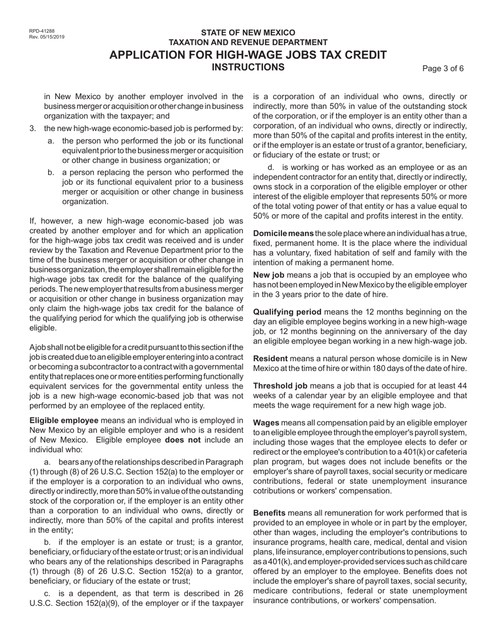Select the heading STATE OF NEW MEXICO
point(248,32)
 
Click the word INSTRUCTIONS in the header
point(248,67)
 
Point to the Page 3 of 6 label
point(443,68)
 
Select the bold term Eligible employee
point(64,420)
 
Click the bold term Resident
point(270,359)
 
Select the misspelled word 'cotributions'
point(277,491)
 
